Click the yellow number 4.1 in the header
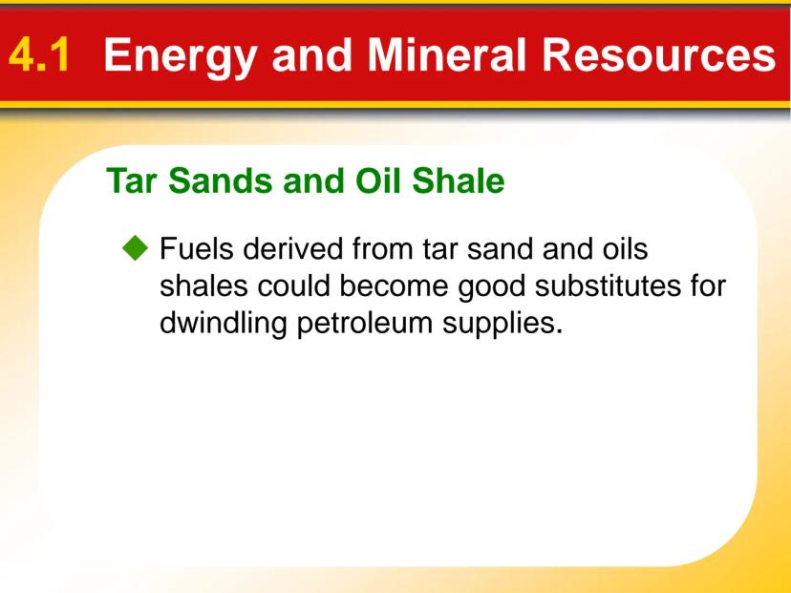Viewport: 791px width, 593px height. tap(39, 54)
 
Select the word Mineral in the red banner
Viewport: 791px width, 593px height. tap(447, 54)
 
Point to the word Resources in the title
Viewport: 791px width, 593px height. tap(659, 54)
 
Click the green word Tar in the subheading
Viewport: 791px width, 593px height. tap(133, 180)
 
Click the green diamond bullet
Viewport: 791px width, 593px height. tap(136, 247)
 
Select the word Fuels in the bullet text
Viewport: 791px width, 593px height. tap(197, 248)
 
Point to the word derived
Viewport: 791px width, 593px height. tap(293, 248)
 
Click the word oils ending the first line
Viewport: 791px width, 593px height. tap(625, 248)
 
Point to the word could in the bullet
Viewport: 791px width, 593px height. tap(293, 286)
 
